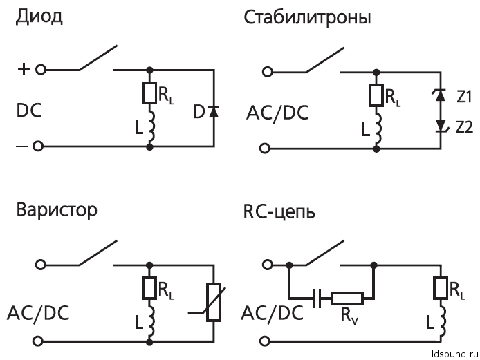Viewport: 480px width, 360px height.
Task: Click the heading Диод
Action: point(39,17)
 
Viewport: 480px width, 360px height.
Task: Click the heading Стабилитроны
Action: point(307,17)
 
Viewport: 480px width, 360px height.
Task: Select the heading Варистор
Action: point(57,209)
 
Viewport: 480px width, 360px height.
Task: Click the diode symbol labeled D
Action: point(213,111)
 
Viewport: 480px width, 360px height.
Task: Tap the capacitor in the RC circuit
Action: point(317,299)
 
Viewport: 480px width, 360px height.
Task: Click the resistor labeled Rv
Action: point(347,299)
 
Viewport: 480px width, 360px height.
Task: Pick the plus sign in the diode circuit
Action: point(24,70)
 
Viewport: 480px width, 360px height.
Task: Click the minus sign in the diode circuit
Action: point(23,146)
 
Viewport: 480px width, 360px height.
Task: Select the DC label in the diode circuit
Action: point(30,111)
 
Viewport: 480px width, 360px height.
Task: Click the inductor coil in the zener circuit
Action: point(376,131)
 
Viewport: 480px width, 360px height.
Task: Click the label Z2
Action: point(463,126)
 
